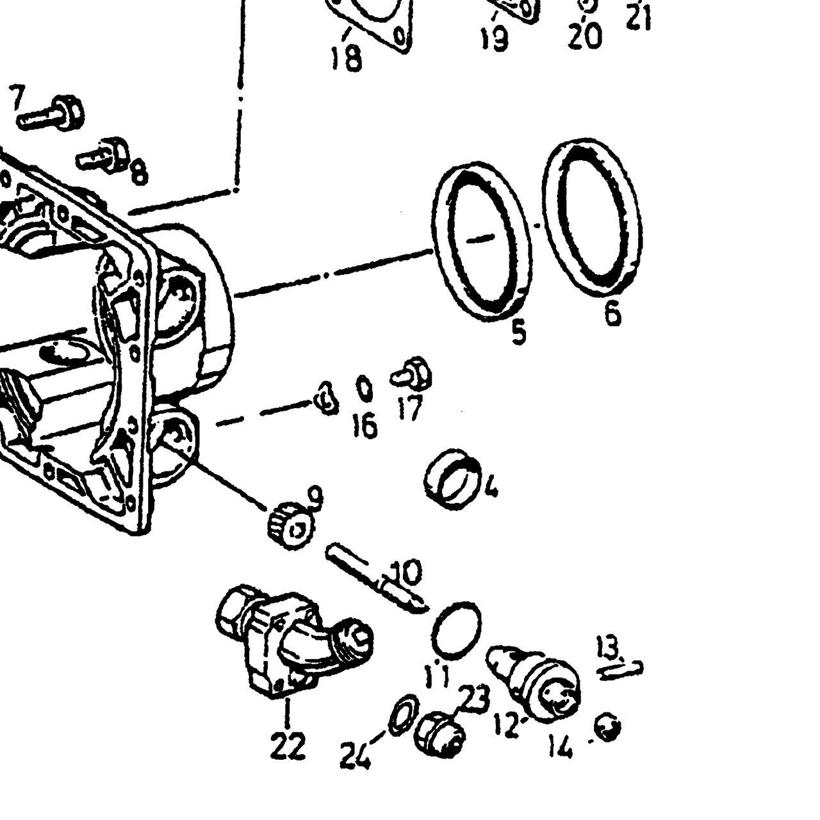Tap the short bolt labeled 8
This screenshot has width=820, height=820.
click(102, 155)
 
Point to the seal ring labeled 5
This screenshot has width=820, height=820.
click(481, 240)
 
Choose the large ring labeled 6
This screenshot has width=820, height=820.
click(592, 217)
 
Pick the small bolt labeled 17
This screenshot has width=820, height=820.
click(411, 375)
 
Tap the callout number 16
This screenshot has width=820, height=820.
click(365, 424)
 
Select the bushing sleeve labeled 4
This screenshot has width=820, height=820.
click(454, 479)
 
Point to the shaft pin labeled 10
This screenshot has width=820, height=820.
click(376, 580)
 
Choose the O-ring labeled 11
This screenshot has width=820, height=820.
click(457, 631)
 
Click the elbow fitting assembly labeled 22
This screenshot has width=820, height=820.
click(295, 642)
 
